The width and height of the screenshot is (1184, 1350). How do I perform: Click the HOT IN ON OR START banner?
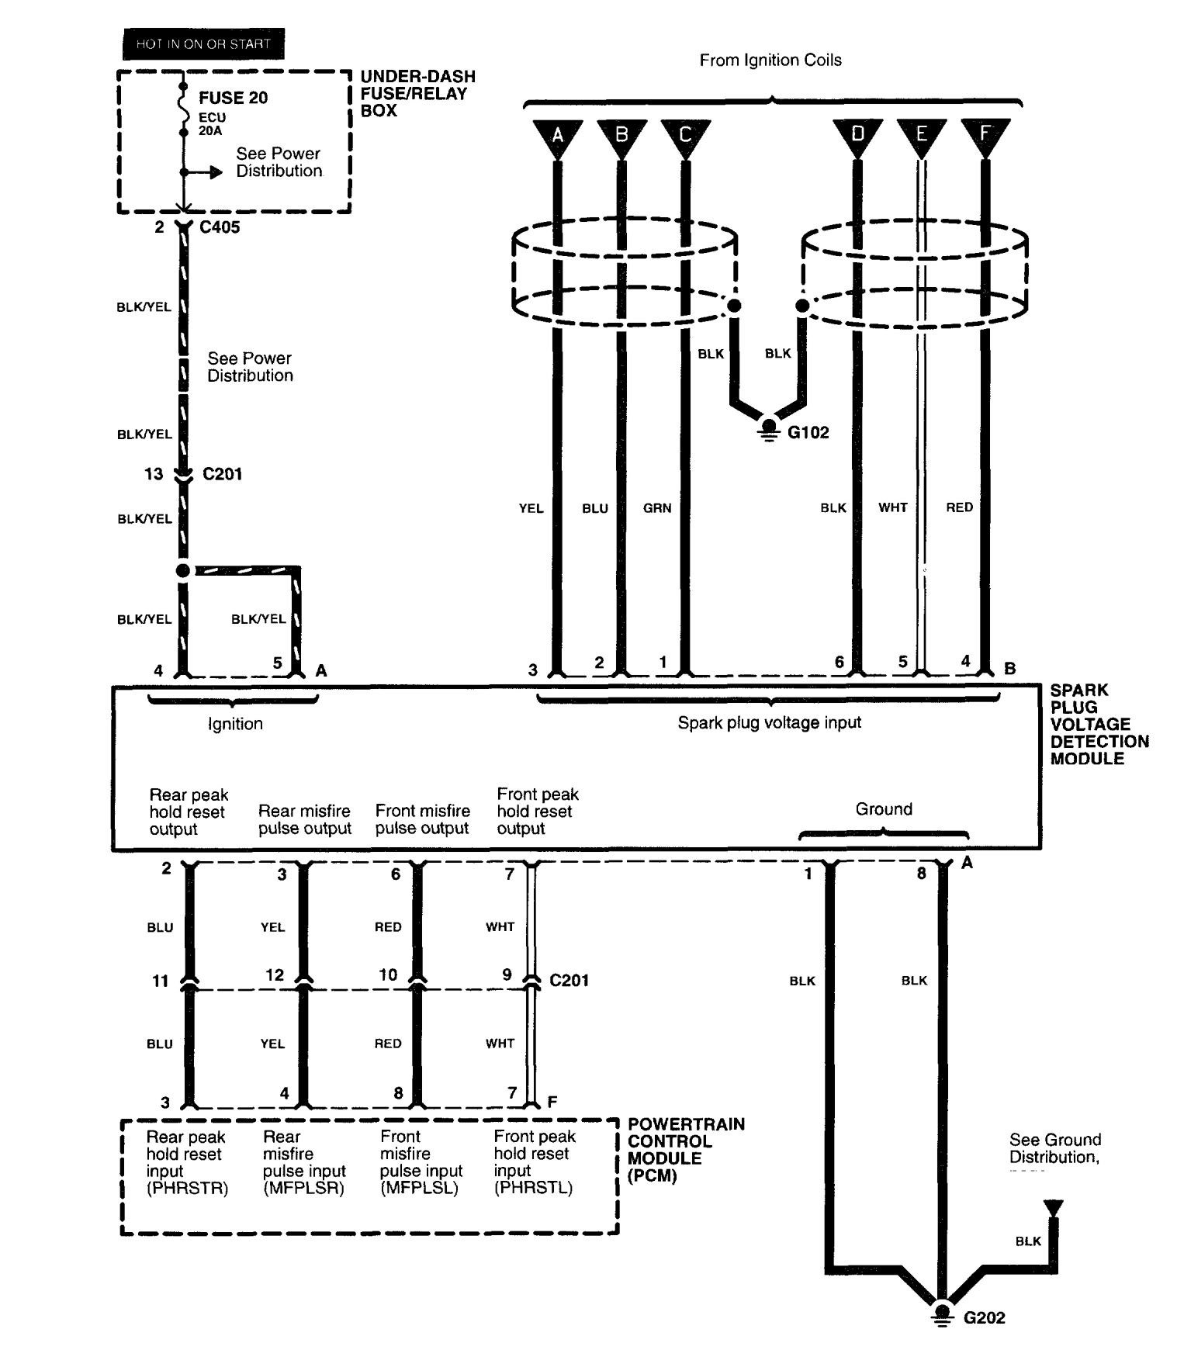point(203,44)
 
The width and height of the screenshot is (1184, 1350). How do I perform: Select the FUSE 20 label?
point(234,98)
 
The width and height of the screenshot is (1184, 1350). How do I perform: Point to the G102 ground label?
point(808,433)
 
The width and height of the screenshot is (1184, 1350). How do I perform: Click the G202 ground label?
point(985,1317)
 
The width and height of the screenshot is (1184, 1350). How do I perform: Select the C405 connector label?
point(220,227)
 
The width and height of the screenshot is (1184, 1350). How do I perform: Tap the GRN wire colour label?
point(657,508)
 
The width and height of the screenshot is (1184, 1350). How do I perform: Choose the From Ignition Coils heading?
point(770,60)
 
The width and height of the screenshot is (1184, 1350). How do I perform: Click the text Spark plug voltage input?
point(769,723)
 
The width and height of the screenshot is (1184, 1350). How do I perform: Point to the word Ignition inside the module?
point(235,724)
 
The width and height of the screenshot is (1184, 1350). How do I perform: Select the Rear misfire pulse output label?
point(305,819)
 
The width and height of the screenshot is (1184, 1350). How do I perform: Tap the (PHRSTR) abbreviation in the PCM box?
point(187,1188)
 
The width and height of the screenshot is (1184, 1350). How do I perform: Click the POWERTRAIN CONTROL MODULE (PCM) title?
point(686,1149)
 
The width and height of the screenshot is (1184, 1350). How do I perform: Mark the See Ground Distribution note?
point(1055,1148)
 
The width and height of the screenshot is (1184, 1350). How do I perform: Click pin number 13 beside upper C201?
point(154,474)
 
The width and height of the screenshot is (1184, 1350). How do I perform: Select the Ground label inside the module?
point(884,809)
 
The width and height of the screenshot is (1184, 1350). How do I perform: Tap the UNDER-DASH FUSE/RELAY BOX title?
point(417,93)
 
